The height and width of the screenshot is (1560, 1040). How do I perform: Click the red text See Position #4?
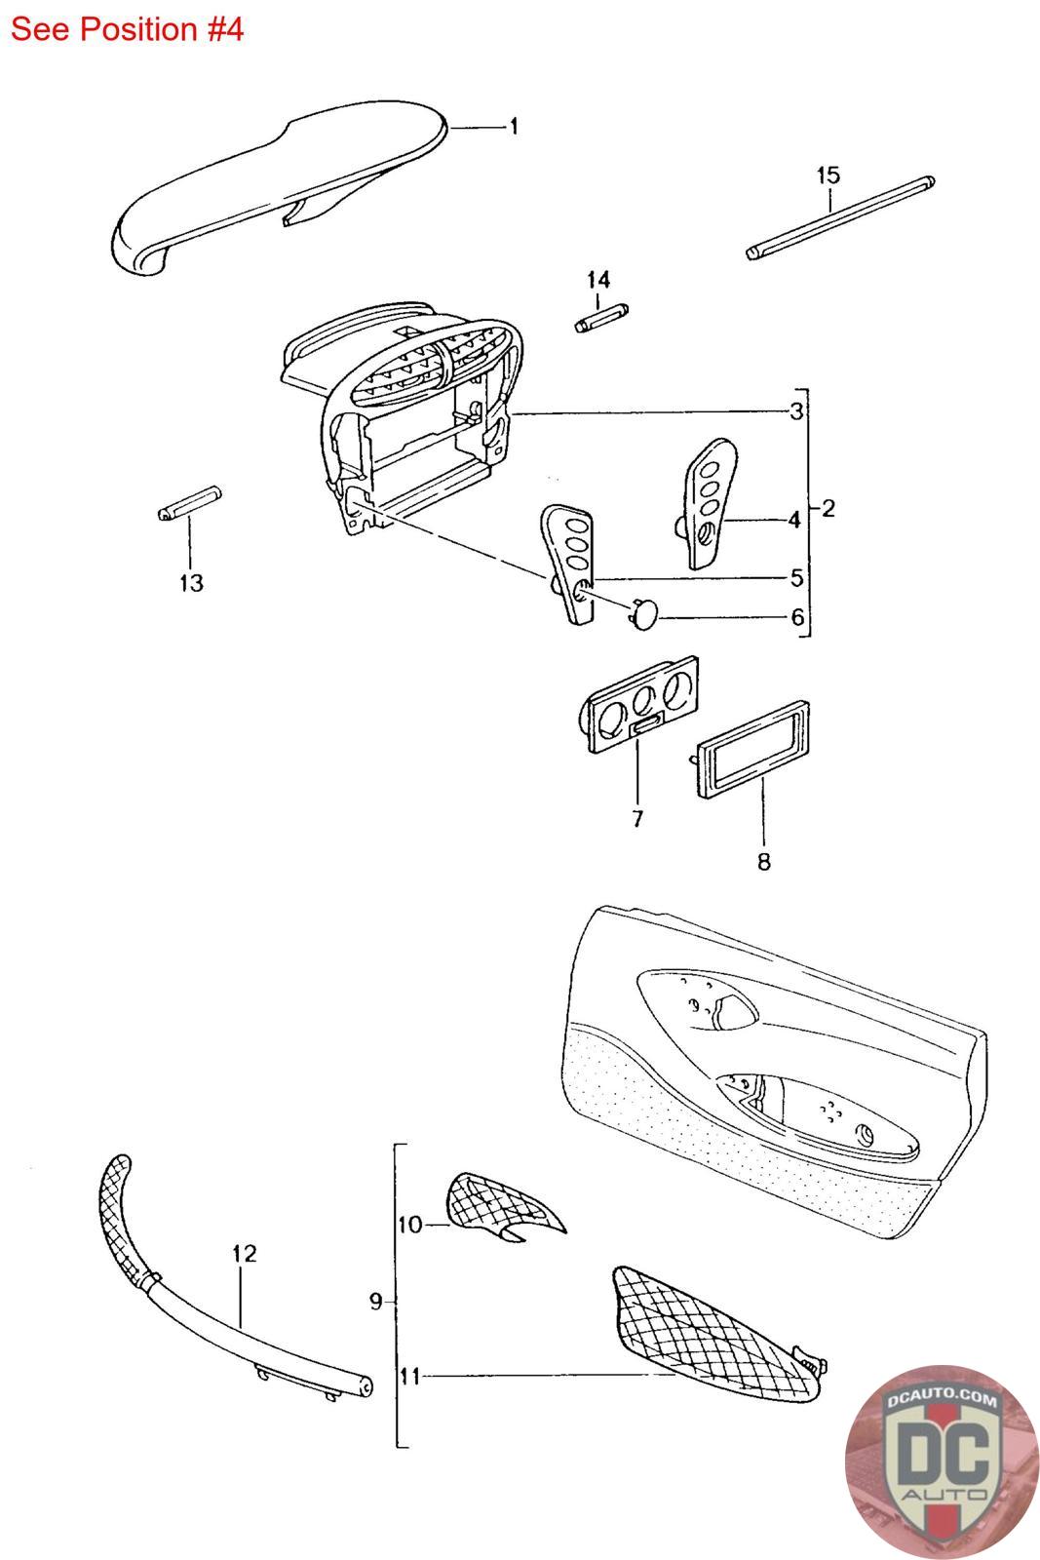(x=127, y=29)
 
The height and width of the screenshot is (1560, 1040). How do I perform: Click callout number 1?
(x=514, y=127)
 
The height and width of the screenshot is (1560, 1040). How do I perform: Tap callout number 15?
(x=828, y=175)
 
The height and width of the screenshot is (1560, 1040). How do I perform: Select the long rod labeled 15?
(x=840, y=218)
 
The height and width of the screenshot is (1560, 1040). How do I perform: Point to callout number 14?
(x=597, y=280)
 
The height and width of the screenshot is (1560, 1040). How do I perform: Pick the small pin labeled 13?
(x=189, y=503)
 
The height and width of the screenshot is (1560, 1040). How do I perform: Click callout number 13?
(x=191, y=583)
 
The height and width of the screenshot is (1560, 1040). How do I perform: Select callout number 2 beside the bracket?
(x=828, y=508)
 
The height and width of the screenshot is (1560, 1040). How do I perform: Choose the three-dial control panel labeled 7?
(x=638, y=705)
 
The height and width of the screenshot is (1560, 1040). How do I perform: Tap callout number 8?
(x=763, y=862)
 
